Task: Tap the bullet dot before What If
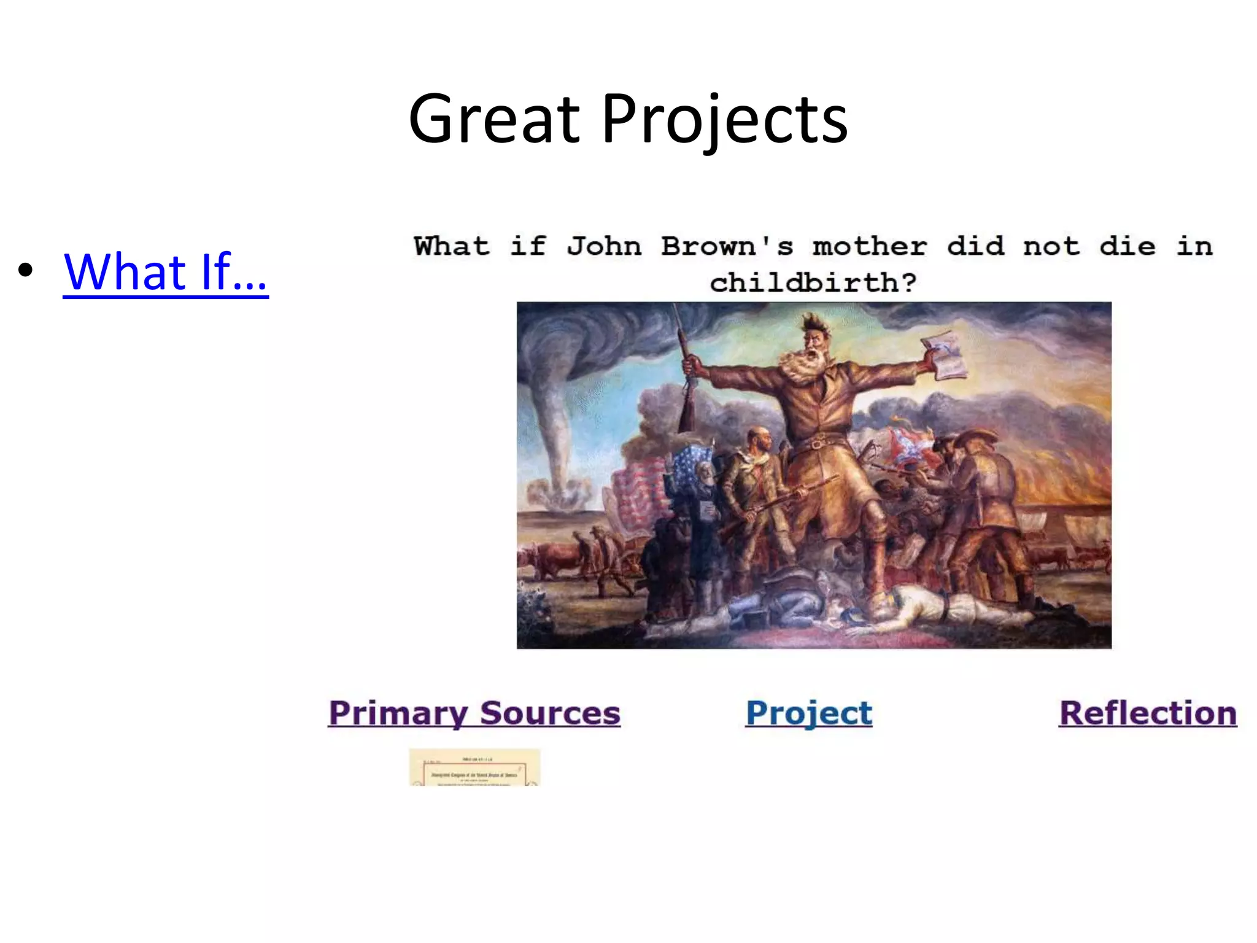[25, 270]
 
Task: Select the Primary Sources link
[474, 713]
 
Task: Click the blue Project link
[808, 713]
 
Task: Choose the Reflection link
[1148, 713]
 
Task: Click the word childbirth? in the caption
[813, 282]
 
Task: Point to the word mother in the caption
[869, 246]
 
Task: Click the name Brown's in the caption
[727, 246]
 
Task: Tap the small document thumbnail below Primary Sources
[474, 767]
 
